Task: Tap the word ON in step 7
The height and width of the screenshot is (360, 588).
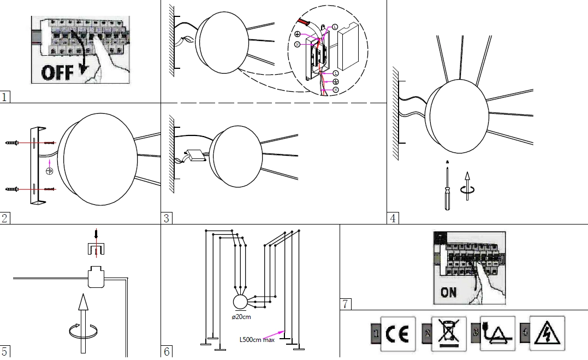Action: [448, 292]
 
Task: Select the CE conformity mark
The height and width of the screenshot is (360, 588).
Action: [398, 333]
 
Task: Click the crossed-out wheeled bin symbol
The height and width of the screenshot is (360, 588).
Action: [448, 333]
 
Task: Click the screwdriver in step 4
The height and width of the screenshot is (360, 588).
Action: [447, 188]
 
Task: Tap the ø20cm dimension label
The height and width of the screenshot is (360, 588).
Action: [241, 317]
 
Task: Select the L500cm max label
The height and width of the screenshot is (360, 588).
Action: [257, 339]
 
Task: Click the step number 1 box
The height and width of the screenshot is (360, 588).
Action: [5, 97]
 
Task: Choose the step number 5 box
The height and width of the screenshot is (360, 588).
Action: [5, 351]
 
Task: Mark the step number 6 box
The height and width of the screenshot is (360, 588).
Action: [167, 351]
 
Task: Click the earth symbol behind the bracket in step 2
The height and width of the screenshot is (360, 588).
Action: [49, 172]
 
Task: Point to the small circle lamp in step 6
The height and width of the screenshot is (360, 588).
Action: [241, 302]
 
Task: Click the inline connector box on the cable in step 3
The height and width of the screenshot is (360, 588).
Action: [194, 156]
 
